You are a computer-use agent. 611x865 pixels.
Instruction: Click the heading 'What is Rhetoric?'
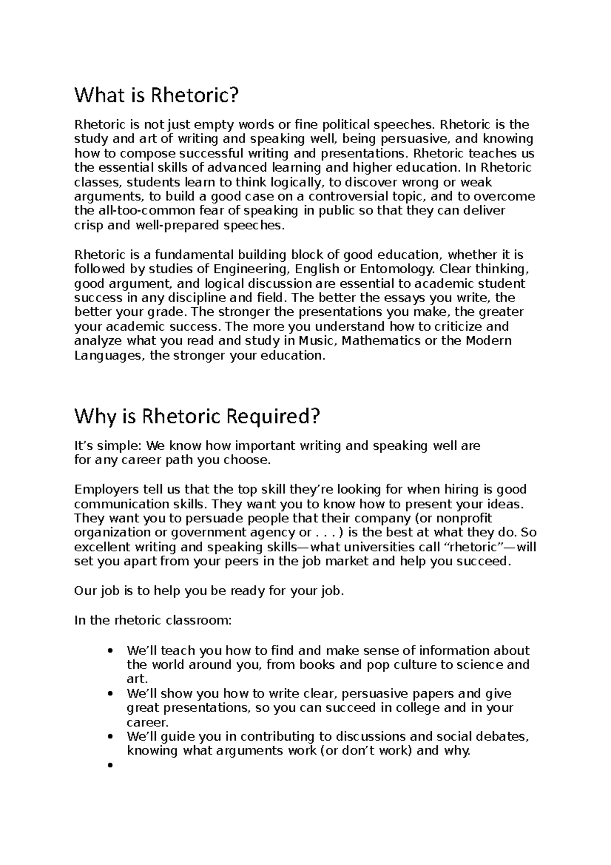tap(156, 95)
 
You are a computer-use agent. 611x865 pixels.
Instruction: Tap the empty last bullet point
tap(110, 765)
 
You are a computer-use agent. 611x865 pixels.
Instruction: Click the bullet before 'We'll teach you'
tap(110, 651)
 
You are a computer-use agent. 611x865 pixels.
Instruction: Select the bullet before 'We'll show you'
tap(110, 694)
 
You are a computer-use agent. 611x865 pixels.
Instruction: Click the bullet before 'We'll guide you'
tap(110, 737)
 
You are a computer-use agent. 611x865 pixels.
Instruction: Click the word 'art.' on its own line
tap(137, 679)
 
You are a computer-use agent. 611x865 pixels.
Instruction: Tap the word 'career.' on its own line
tap(147, 722)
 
